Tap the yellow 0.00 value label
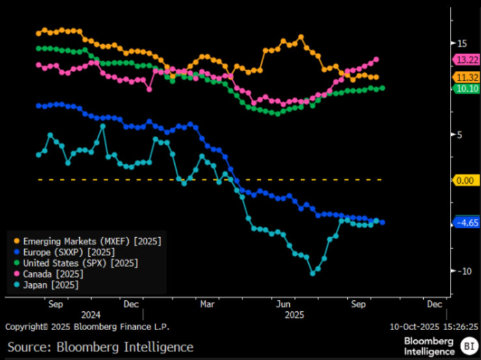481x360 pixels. coord(466,180)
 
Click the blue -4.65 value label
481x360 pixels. coord(465,222)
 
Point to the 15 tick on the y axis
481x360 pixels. coord(463,44)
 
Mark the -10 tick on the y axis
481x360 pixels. coord(462,271)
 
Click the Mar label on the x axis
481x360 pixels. coord(208,303)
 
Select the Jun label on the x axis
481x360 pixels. coord(283,303)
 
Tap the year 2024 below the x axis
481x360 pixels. coord(91,313)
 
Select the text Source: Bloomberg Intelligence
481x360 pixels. coord(100,346)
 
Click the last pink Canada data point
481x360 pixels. coord(376,60)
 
